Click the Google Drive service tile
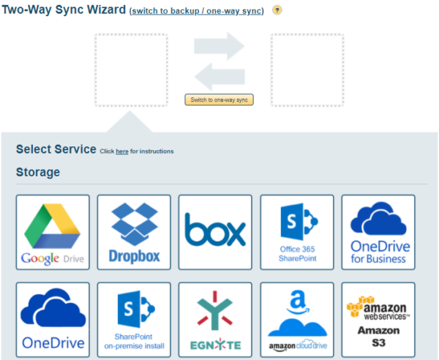(53, 232)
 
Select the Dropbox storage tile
(134, 232)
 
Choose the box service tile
(215, 232)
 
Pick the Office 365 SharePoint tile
(296, 232)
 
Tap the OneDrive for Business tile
(378, 232)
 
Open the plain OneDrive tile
(53, 320)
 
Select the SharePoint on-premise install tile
(134, 320)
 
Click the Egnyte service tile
(215, 320)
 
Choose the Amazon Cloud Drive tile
(296, 320)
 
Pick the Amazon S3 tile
(378, 320)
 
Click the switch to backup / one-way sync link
(196, 12)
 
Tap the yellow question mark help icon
(277, 11)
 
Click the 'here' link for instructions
(122, 151)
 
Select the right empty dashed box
(307, 70)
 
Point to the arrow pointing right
(219, 46)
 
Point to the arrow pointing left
(219, 76)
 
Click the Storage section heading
(38, 173)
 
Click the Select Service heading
(56, 149)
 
